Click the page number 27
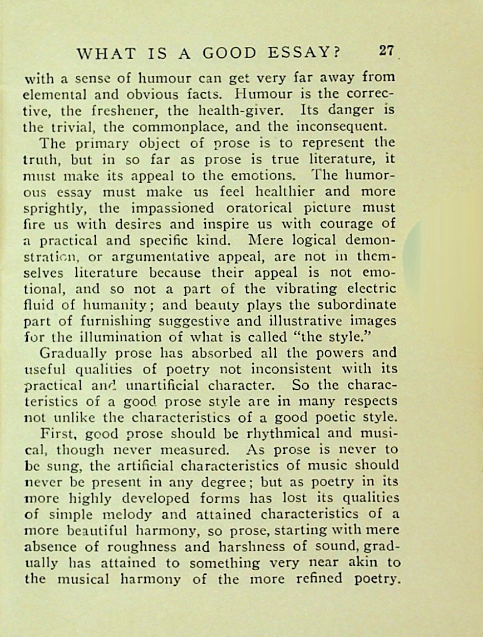click(387, 51)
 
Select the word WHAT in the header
click(106, 53)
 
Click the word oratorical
click(260, 208)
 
